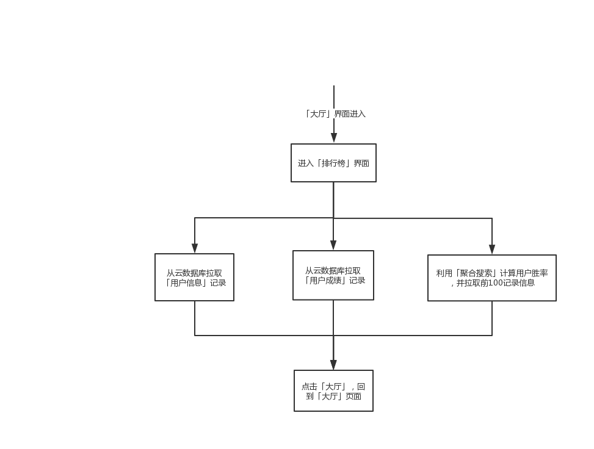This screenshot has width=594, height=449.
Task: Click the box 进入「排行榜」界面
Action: pos(333,163)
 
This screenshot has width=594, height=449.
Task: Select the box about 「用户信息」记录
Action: pos(194,278)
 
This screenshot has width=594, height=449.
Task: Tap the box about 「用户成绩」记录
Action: pos(333,275)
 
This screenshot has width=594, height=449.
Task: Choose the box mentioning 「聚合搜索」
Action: pos(491,278)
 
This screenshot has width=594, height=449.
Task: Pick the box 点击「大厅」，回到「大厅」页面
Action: pos(333,391)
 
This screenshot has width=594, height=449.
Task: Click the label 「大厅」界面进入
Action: pos(335,114)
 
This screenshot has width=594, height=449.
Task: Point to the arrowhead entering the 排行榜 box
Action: pos(334,138)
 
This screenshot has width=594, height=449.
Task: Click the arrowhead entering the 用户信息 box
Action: pos(195,248)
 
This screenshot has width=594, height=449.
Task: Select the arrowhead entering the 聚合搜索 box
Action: pos(492,249)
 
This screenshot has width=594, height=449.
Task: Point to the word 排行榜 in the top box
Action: pos(333,163)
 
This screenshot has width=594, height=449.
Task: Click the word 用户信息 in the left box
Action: pos(186,283)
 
